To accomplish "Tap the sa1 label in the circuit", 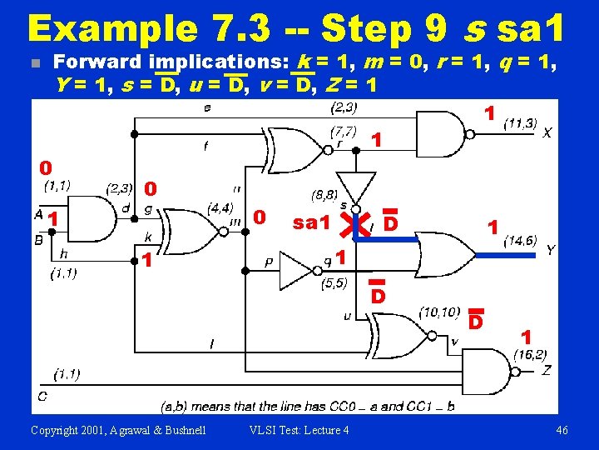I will click(x=313, y=222).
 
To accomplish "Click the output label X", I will click(x=547, y=132).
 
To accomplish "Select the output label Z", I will click(x=546, y=370).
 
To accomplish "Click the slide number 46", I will click(x=562, y=430).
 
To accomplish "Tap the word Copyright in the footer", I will click(x=57, y=430).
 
